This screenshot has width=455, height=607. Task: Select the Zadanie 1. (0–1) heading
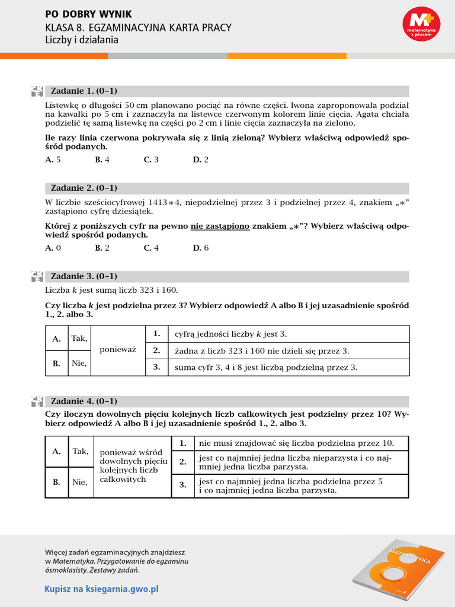coord(84,91)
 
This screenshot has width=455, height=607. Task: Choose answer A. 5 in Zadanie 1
coord(53,159)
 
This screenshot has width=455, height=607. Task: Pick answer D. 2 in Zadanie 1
coord(201,159)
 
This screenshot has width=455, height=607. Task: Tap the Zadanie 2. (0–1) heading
coord(84,188)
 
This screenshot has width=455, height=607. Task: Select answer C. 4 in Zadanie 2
coord(151,248)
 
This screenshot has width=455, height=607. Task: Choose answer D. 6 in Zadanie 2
coord(201,248)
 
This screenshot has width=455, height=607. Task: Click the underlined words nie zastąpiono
coord(220,226)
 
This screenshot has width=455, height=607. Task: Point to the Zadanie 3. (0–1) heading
coord(84,276)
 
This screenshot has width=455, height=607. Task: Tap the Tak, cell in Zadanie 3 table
coord(79,338)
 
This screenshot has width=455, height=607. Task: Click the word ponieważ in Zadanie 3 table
coord(118,350)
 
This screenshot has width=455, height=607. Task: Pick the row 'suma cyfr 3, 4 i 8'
coord(265,367)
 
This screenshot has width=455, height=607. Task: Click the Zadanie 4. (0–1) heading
coord(84,400)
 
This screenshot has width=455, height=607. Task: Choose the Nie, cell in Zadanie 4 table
coord(79,482)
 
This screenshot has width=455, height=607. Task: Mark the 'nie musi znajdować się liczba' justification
coord(296,443)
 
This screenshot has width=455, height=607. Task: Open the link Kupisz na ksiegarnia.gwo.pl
coord(101,589)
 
